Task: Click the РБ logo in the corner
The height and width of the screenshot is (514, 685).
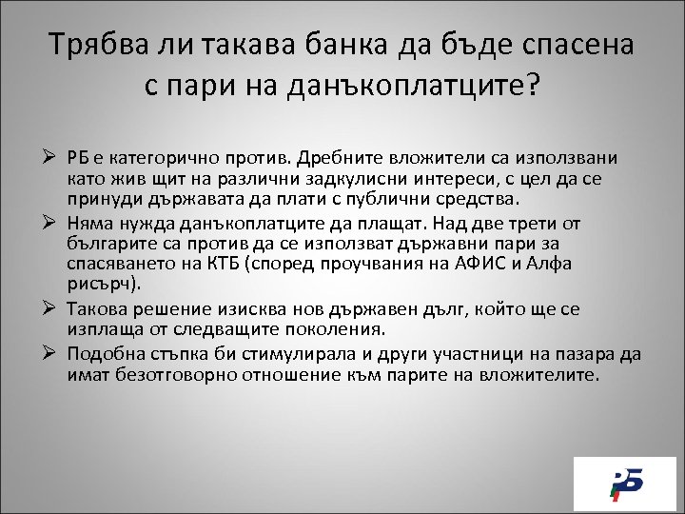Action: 625,483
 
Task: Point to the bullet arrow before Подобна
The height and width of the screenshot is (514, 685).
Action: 53,353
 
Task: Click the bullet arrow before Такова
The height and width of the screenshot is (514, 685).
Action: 53,308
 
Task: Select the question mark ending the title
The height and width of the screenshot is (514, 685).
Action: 531,88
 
